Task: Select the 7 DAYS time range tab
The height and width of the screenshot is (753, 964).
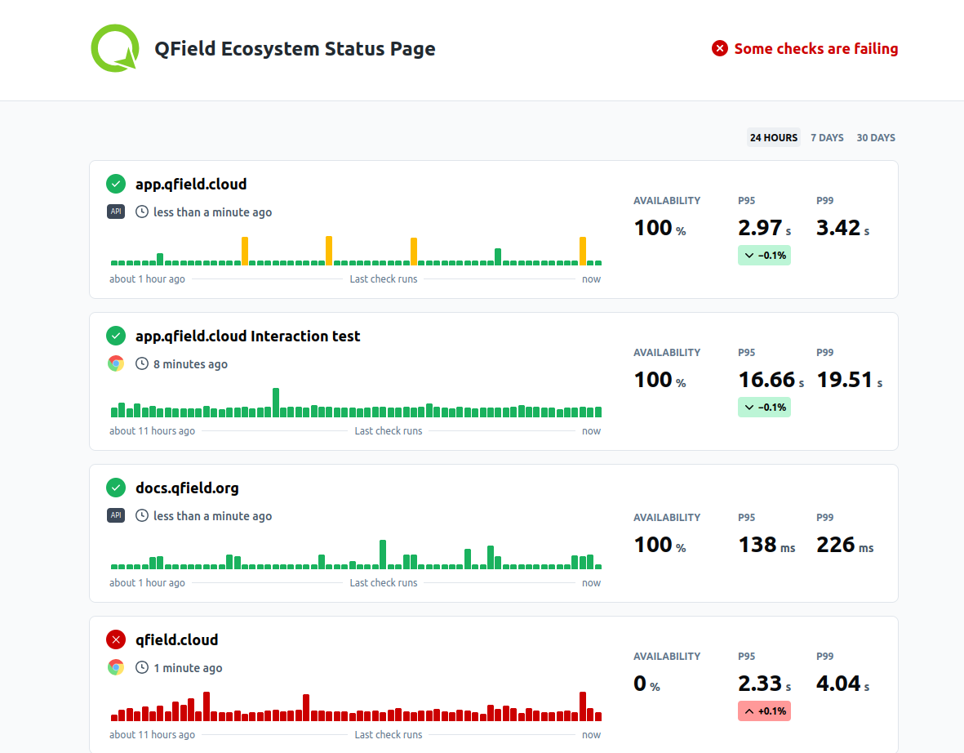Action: click(x=827, y=138)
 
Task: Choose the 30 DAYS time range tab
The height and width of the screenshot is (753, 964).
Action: click(x=876, y=138)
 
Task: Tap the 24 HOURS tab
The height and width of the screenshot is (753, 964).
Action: click(x=774, y=138)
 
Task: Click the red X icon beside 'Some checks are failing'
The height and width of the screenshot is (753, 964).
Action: click(x=720, y=49)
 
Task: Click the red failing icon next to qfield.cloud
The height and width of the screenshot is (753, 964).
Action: click(x=116, y=639)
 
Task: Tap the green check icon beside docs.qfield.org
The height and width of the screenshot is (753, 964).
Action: click(x=116, y=488)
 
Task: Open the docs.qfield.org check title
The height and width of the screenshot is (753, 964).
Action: click(x=187, y=488)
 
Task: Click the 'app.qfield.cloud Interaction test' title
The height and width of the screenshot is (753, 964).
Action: click(x=247, y=336)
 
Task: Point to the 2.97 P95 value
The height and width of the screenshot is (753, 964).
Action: click(x=758, y=228)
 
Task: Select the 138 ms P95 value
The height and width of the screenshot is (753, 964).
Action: click(x=757, y=545)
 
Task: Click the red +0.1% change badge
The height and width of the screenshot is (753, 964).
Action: click(x=764, y=711)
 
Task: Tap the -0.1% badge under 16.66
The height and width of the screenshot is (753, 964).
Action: click(x=764, y=407)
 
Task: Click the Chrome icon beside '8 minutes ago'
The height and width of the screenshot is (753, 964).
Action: click(x=116, y=363)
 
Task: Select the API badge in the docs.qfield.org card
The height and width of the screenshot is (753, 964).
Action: click(x=116, y=515)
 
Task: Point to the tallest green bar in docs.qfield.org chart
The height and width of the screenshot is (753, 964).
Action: click(x=383, y=555)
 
